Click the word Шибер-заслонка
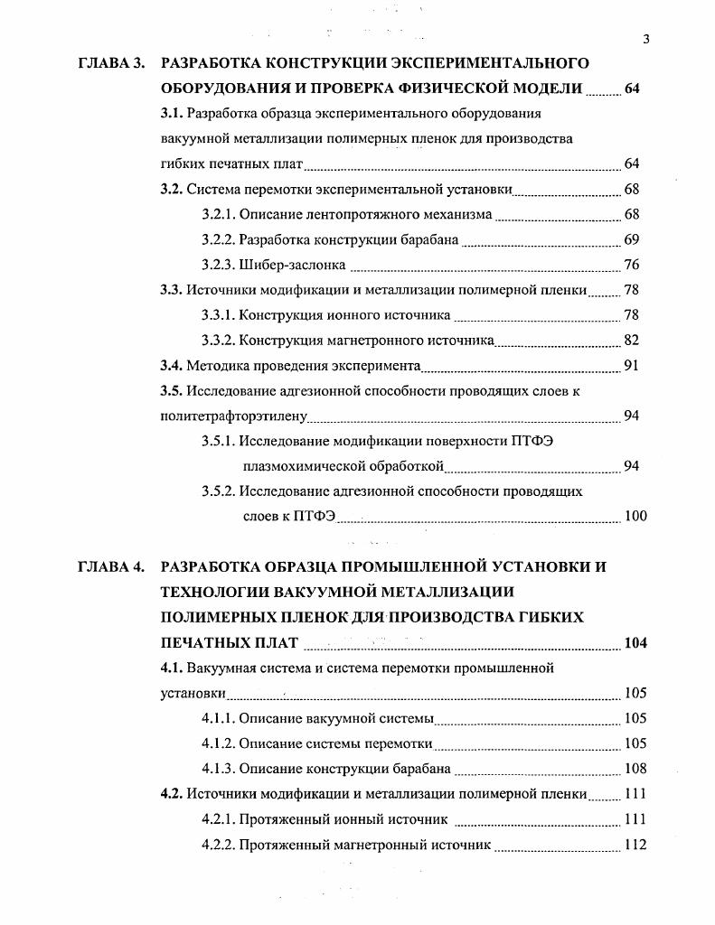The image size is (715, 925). coord(287,266)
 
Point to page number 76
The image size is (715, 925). coord(632,266)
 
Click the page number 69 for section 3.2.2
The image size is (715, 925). coord(632,240)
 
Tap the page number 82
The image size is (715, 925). coord(632,341)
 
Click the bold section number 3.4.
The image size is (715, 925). coord(172,366)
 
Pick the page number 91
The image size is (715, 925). coord(632,366)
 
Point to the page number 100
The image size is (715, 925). coord(635,517)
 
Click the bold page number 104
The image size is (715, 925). coord(635,643)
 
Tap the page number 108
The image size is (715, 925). coord(635,770)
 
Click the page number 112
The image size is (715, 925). coord(635,846)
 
